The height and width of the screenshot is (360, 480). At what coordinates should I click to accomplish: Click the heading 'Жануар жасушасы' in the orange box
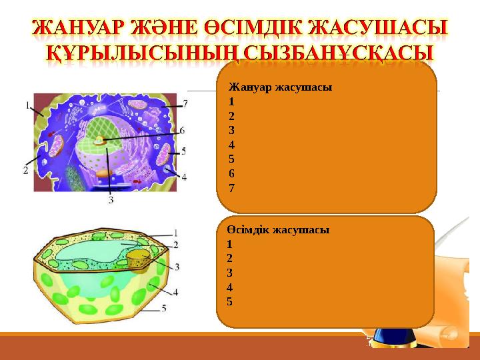[280, 87]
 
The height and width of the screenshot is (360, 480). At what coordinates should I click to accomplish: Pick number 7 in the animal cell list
[231, 188]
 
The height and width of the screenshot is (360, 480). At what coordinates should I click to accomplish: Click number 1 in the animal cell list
[231, 102]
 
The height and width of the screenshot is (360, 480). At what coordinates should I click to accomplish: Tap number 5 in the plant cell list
[229, 301]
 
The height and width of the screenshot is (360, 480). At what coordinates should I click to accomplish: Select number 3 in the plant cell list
[229, 272]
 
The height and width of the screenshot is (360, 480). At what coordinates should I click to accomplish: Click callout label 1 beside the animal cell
[27, 105]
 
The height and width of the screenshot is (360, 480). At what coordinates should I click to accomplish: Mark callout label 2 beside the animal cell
[25, 170]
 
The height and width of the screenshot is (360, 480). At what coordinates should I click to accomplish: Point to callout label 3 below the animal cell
[110, 199]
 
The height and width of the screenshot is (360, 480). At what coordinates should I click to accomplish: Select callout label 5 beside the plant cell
[164, 309]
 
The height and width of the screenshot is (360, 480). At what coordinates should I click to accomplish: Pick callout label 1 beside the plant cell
[176, 233]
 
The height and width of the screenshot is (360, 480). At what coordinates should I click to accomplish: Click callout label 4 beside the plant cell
[176, 291]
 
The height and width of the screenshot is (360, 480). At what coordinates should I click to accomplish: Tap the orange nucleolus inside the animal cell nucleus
[100, 141]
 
